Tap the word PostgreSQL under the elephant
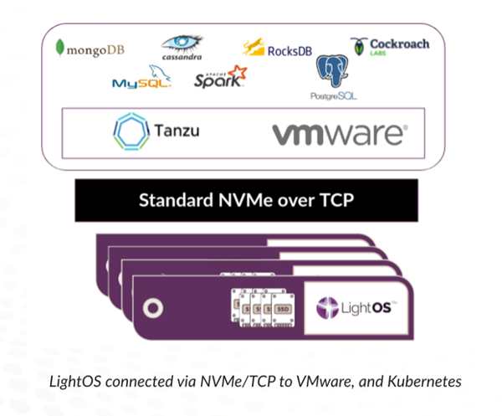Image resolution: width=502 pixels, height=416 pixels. tap(332, 95)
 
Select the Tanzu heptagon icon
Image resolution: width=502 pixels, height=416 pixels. tap(130, 132)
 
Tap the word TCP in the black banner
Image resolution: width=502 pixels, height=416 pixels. tap(348, 200)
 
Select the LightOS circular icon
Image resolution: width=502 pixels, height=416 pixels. tap(326, 307)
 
